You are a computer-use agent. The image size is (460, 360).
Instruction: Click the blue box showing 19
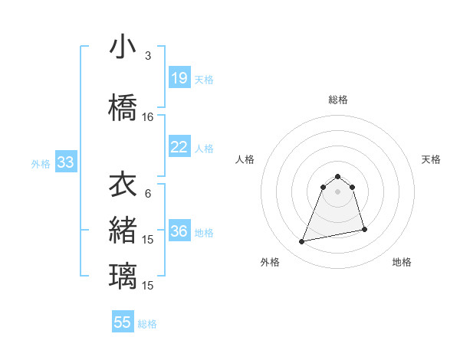179,78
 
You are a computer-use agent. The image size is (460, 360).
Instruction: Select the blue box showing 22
179,147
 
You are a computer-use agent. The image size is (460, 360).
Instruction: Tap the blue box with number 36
179,232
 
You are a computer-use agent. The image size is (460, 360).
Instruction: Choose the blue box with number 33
65,162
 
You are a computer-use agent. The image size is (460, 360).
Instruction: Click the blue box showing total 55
123,322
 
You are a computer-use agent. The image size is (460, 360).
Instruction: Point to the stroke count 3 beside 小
148,56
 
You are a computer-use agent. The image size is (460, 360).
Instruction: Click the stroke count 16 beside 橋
148,117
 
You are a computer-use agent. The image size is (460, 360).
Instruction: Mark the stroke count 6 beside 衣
148,194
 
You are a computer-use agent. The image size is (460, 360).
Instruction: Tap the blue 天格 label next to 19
204,79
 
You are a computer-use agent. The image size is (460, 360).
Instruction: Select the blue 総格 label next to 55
147,324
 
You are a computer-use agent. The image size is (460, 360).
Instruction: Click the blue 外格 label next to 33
41,163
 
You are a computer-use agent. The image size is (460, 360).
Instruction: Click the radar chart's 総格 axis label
338,100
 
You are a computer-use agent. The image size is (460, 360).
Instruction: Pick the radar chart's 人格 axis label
245,159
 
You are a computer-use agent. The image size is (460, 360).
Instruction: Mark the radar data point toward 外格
302,242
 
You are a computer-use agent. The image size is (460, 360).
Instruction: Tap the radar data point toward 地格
364,230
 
